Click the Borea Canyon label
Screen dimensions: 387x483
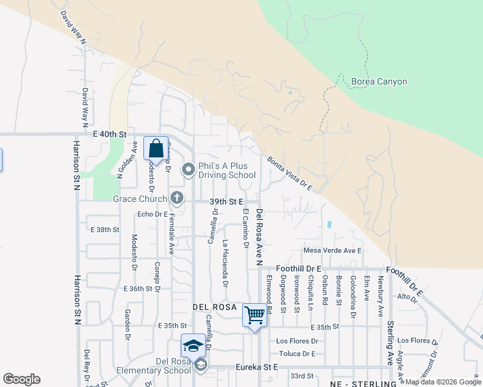[379, 82]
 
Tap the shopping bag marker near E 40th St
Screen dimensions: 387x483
[156, 148]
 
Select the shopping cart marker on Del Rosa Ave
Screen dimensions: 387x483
[254, 315]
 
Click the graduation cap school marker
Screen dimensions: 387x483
[192, 346]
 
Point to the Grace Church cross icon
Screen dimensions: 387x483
[176, 199]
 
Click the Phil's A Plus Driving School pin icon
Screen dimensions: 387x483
[189, 170]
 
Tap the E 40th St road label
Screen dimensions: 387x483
[108, 134]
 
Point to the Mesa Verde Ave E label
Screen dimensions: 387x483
[333, 250]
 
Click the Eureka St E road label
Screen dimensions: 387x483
[256, 366]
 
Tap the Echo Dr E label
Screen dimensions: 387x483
[152, 214]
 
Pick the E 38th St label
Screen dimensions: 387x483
[105, 229]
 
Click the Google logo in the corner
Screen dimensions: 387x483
[22, 379]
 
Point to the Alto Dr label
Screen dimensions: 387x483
[407, 297]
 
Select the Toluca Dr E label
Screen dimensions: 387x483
[297, 353]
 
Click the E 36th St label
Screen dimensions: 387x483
[141, 288]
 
